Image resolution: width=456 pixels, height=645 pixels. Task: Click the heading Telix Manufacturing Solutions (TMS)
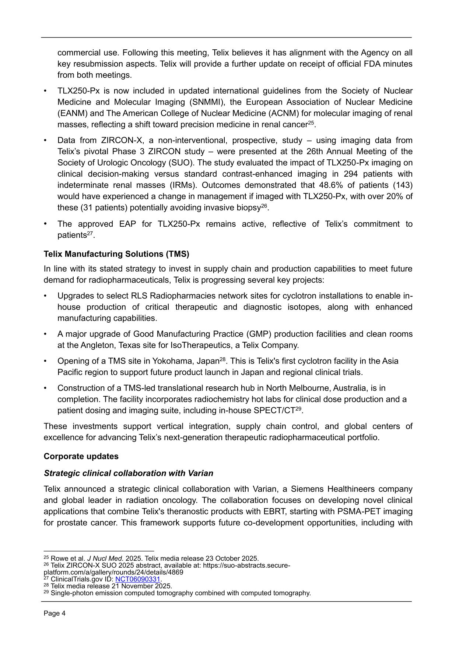point(116,254)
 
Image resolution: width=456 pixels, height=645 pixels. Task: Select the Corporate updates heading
point(81,456)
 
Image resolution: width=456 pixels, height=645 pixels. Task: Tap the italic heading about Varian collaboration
point(128,473)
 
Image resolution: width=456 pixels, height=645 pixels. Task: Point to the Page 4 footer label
point(55,613)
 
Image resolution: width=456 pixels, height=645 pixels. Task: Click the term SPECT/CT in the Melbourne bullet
point(274,411)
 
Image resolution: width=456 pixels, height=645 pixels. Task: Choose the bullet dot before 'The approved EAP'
point(45,224)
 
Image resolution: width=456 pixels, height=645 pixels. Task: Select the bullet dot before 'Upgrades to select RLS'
point(45,296)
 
